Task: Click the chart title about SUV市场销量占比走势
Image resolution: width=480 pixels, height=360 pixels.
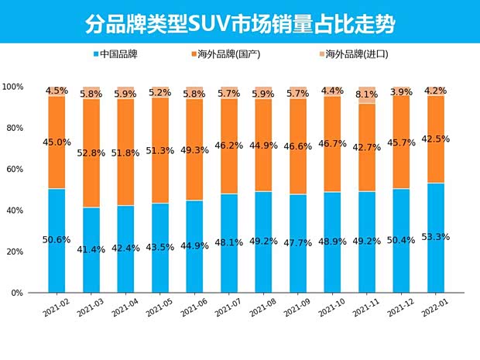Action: click(x=240, y=23)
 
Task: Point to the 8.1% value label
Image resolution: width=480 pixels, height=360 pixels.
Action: click(x=365, y=94)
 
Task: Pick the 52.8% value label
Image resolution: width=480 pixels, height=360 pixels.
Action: click(x=91, y=153)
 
